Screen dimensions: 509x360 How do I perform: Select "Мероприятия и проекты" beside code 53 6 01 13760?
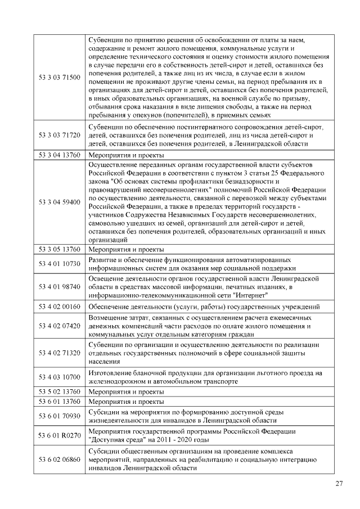[x=127, y=402]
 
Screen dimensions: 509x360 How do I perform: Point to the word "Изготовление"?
[x=112, y=373]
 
